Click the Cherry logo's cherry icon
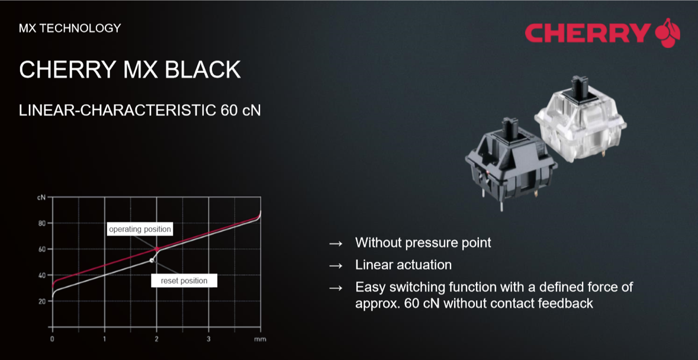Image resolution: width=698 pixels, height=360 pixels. point(668,33)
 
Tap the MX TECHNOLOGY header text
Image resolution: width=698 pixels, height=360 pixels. point(70,28)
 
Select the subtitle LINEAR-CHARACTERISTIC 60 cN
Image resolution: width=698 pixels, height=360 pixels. point(140,111)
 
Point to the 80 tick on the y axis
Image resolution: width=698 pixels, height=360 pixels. point(43,223)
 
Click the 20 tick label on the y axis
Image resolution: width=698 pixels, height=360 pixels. point(43,301)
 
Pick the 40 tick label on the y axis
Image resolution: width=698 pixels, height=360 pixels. point(43,275)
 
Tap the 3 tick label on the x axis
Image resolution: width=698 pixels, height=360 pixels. point(209,339)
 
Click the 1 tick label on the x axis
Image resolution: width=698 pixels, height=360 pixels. point(105,339)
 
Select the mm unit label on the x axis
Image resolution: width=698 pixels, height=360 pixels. point(260,339)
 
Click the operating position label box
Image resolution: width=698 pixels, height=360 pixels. point(140,229)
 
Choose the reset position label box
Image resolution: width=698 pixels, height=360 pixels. point(184,281)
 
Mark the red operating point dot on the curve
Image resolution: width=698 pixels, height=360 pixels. point(157,249)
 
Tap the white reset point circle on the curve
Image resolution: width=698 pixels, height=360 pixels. point(152,261)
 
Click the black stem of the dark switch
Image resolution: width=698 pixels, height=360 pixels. point(510,128)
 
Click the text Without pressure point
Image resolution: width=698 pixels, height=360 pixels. point(423,243)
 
